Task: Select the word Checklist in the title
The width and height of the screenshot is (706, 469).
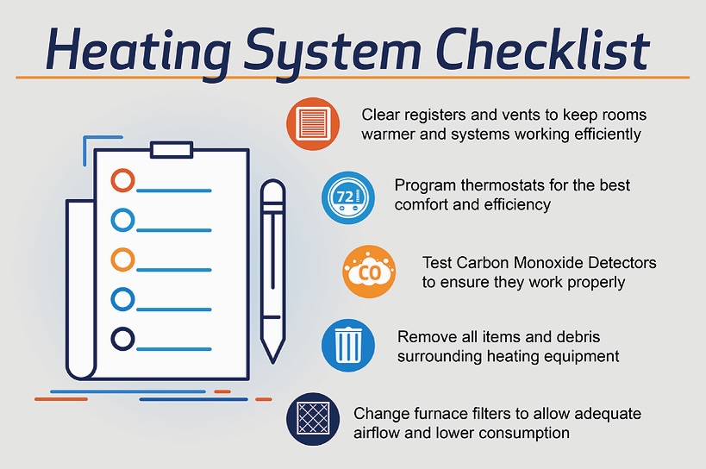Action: pyautogui.click(x=543, y=48)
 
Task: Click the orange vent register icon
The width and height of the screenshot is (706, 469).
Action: pyautogui.click(x=314, y=124)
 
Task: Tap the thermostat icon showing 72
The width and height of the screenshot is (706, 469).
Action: pyautogui.click(x=348, y=197)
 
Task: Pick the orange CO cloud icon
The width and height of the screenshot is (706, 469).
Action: pyautogui.click(x=369, y=272)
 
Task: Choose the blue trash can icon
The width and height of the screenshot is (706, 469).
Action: pyautogui.click(x=348, y=345)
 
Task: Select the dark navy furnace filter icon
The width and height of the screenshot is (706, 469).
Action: pyautogui.click(x=314, y=419)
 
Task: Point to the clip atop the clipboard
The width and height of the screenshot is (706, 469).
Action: pyautogui.click(x=172, y=150)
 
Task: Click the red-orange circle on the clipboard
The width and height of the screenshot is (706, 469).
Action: pyautogui.click(x=122, y=180)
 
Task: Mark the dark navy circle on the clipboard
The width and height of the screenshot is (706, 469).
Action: pyautogui.click(x=122, y=339)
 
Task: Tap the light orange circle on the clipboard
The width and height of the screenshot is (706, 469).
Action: pyautogui.click(x=122, y=260)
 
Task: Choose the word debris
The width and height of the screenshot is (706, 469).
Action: pyautogui.click(x=578, y=337)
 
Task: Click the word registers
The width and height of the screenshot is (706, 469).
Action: pyautogui.click(x=435, y=116)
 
